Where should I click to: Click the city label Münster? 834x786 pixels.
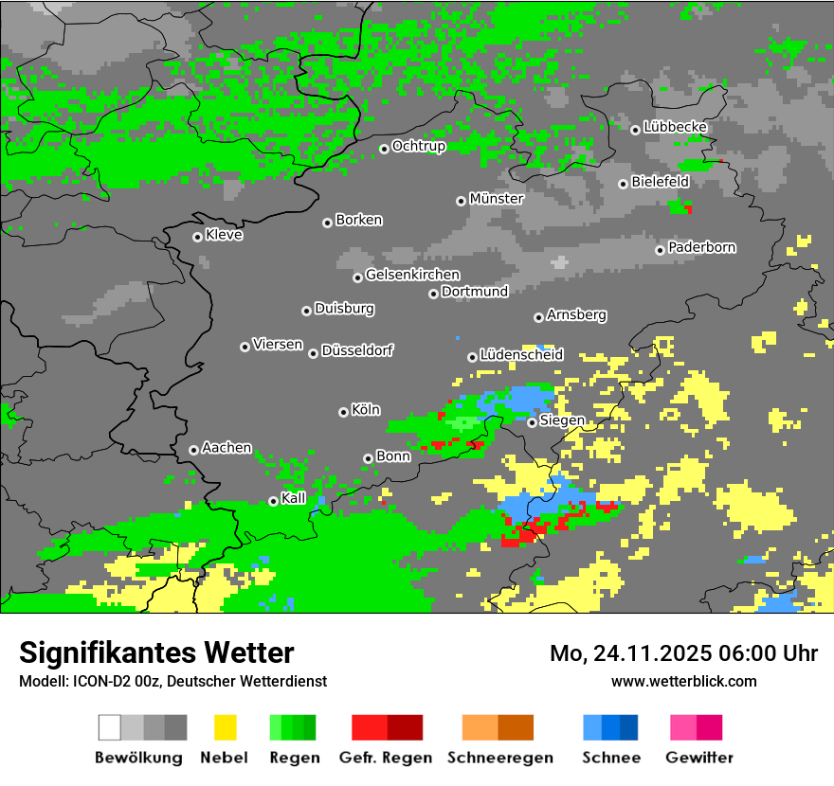coord(497,199)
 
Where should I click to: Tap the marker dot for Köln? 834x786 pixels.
coord(343,412)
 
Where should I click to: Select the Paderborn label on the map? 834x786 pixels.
coord(702,247)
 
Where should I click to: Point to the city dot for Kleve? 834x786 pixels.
coord(197,237)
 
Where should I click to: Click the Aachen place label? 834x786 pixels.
coord(227,448)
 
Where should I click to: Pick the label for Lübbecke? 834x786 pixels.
coord(675,127)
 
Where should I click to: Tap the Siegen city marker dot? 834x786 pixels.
coord(532,422)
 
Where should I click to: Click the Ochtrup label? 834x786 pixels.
coord(419,146)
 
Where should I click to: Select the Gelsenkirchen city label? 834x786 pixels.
coord(412,275)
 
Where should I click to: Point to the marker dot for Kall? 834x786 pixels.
coord(273,501)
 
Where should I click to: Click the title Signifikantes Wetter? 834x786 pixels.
coord(156,652)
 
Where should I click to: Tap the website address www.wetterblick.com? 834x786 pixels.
coord(683,681)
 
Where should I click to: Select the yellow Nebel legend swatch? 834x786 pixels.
coord(225,727)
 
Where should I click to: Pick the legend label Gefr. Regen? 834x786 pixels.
coord(386,758)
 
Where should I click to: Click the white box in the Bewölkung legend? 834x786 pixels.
coord(110,727)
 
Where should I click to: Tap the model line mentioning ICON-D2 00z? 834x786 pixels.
coord(172,681)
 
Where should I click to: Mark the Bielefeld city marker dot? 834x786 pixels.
coord(623,184)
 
